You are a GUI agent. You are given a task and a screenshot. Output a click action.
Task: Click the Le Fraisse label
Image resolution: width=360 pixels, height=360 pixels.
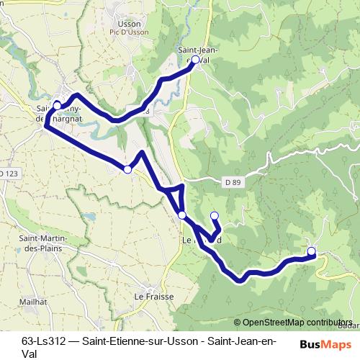(150, 296)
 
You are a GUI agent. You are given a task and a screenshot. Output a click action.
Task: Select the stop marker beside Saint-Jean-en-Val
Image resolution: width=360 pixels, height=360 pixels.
(194, 60)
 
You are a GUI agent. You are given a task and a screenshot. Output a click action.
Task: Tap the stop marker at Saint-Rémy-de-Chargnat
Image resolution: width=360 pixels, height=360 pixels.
(58, 105)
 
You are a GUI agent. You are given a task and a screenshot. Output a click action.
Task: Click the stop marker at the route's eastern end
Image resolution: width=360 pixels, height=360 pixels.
(311, 251)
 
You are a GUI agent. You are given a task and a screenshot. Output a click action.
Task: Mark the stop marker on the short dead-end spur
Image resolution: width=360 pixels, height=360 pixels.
(214, 215)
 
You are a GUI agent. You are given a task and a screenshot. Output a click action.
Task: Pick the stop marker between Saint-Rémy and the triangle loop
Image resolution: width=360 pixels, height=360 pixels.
(127, 169)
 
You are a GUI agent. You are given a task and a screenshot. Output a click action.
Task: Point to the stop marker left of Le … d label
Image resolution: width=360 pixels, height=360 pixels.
(182, 215)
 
